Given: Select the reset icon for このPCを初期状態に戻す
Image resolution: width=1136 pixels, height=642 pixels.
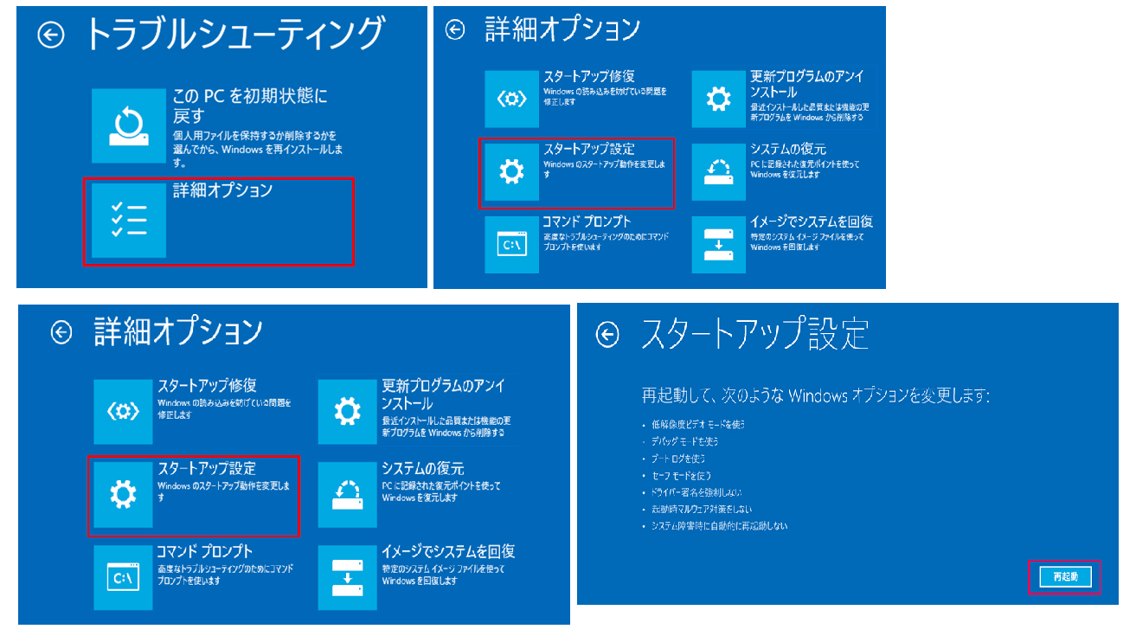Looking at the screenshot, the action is point(128,125).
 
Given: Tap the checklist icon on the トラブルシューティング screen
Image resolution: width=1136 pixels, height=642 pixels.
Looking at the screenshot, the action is point(128,220).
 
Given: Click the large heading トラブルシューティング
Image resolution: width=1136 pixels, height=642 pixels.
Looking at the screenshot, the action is point(234,35).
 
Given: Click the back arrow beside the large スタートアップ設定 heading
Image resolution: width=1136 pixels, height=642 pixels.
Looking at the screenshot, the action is point(609,335).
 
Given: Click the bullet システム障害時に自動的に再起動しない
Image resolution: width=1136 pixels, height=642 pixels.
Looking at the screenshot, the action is point(719,526).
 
